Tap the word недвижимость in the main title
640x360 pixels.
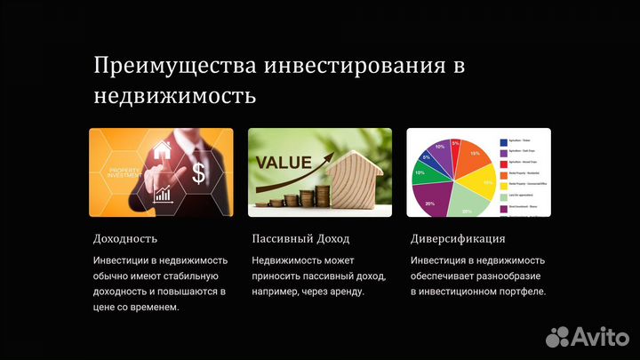coord(175,94)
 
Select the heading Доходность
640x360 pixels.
coord(125,238)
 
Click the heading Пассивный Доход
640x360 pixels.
coord(300,238)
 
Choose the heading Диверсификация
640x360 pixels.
coord(458,238)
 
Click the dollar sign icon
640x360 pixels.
coord(199,173)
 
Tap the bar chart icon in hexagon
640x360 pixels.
coord(164,194)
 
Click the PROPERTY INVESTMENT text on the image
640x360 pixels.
coord(127,172)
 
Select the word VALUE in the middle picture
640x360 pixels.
coord(284,163)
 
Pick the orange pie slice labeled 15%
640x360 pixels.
coord(474,157)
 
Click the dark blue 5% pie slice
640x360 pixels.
coord(426,157)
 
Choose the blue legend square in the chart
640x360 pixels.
coord(503,141)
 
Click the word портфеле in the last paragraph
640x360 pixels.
coord(521,291)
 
